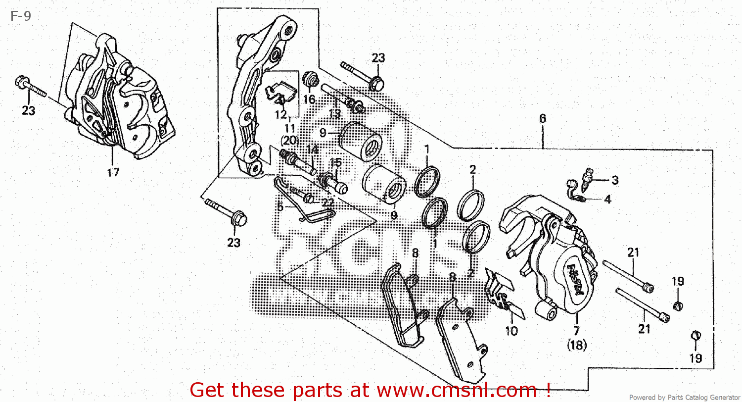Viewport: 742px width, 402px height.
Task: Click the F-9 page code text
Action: [x=20, y=16]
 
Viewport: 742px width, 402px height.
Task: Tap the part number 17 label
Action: [x=113, y=172]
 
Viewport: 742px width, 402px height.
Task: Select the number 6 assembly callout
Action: [x=543, y=118]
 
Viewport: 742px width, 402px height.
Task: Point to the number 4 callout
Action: [x=607, y=200]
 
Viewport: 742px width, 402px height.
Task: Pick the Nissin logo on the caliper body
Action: [x=576, y=280]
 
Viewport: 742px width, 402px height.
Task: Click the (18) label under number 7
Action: [x=577, y=346]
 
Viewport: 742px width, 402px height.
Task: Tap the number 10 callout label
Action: [x=511, y=330]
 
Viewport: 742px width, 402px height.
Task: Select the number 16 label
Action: [x=309, y=100]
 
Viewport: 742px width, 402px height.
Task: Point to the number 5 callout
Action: [x=280, y=206]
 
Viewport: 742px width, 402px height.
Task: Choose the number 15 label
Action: [x=335, y=162]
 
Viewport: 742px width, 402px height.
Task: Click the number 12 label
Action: [x=280, y=115]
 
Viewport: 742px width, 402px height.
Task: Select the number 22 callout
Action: [x=327, y=201]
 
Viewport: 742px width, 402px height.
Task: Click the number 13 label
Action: [x=335, y=114]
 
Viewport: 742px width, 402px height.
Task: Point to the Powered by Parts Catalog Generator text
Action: [x=684, y=397]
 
